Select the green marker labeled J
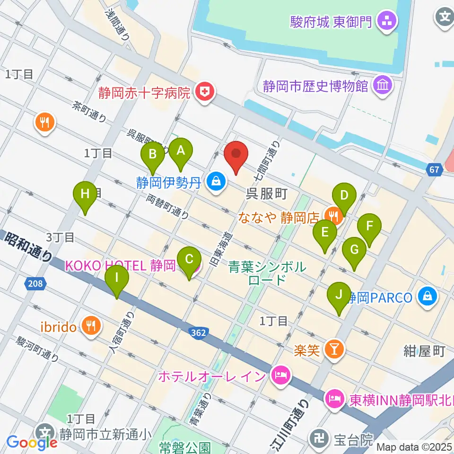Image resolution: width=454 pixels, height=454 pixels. [339, 295]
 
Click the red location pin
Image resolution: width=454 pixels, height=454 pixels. [236, 155]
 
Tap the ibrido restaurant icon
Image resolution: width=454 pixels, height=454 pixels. [90, 326]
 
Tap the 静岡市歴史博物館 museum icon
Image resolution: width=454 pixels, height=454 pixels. [381, 86]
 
